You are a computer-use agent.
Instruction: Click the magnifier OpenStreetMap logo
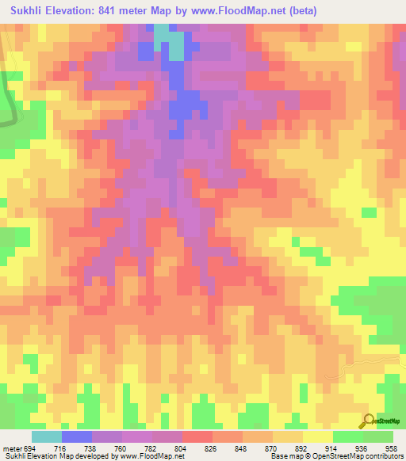pyautogui.click(x=369, y=421)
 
